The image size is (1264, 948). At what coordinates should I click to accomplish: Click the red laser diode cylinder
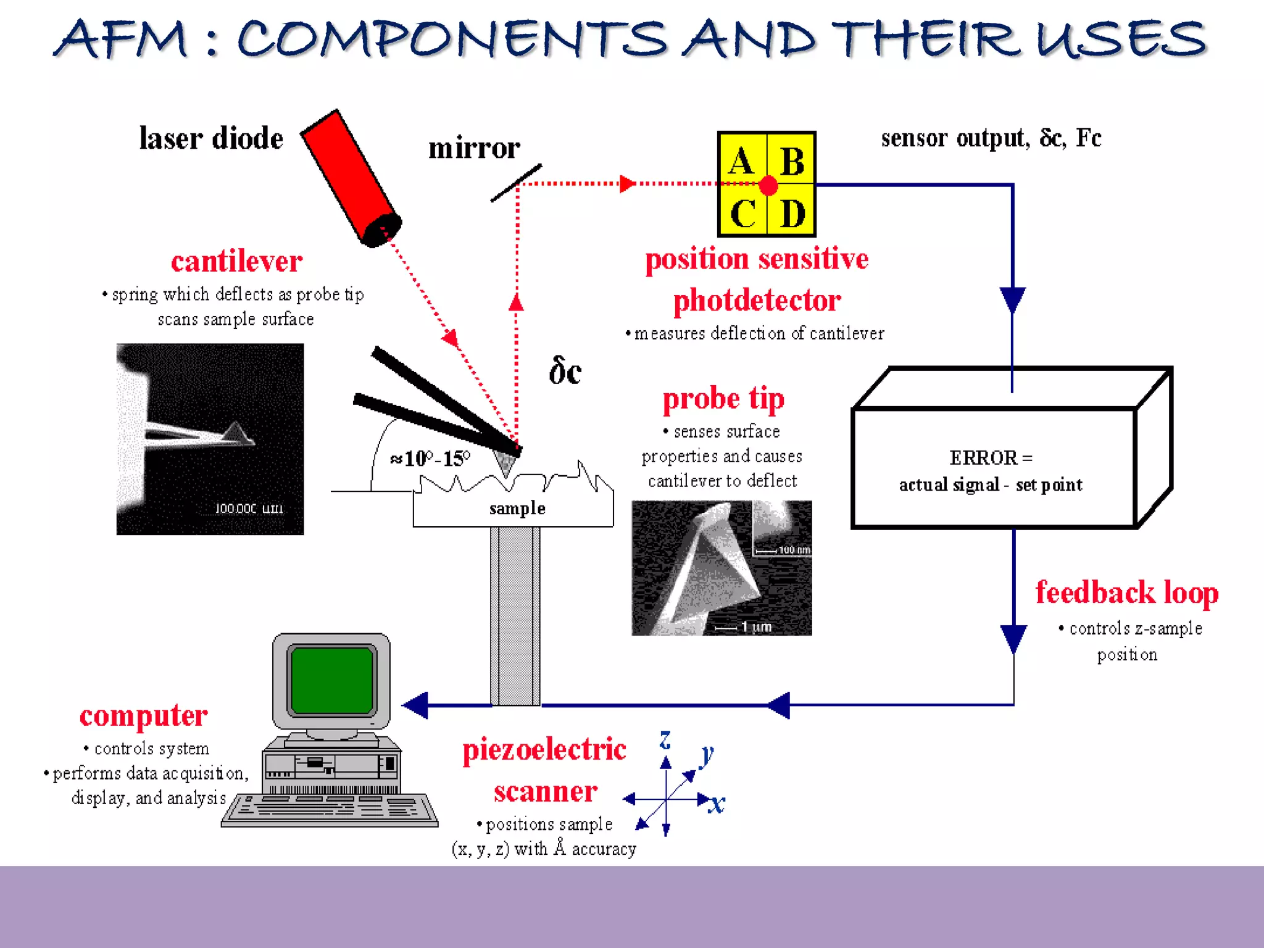[x=351, y=178]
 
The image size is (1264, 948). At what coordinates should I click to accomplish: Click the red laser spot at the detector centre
[x=768, y=185]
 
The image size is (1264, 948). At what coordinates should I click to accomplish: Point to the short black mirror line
[x=516, y=183]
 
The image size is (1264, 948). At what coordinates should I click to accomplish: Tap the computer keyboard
[x=330, y=810]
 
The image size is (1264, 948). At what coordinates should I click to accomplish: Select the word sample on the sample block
[x=517, y=509]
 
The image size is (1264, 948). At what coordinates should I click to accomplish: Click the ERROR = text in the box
[x=991, y=458]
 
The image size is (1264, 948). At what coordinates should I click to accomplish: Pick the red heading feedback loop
[x=1126, y=592]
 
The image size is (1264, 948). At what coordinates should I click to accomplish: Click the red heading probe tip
[x=723, y=399]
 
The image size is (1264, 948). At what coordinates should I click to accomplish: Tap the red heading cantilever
[x=236, y=261]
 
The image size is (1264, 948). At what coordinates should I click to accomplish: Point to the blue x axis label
[x=717, y=804]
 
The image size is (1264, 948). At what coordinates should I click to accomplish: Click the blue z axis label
[x=665, y=739]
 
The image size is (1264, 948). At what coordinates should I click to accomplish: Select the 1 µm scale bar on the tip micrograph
[x=744, y=627]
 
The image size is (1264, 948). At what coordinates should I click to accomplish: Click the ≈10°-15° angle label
[x=430, y=459]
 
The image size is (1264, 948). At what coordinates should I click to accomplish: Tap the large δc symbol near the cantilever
[x=565, y=372]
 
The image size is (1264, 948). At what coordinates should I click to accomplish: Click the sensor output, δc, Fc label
[x=991, y=138]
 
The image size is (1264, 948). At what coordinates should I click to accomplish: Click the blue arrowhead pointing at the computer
[x=416, y=705]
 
